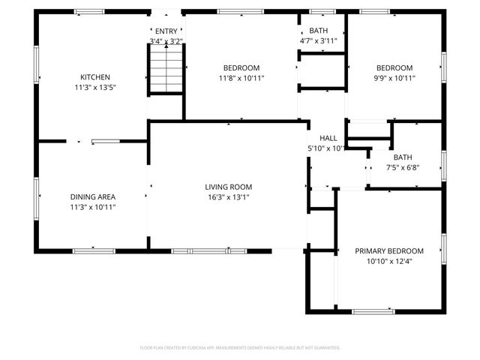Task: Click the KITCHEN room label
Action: pos(95,77)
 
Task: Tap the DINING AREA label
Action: pos(92,196)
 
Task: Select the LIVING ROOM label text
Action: pos(229,187)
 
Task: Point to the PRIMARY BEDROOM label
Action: pos(389,251)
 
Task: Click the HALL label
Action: pos(328,139)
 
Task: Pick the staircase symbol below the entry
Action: pos(164,68)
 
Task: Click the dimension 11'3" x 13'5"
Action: pos(95,88)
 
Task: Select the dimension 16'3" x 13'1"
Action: pos(229,197)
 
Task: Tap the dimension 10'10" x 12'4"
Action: pos(389,261)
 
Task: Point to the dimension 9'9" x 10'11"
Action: pos(394,78)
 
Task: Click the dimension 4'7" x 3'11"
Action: pos(318,40)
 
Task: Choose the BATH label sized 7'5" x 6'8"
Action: pos(403,157)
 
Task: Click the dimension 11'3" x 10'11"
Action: pos(92,207)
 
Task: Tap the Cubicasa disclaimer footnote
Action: pos(240,348)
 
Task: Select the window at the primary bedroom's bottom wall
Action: pos(373,311)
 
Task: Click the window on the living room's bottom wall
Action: pos(199,250)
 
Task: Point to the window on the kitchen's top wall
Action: pos(89,11)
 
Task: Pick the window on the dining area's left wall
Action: pos(36,196)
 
